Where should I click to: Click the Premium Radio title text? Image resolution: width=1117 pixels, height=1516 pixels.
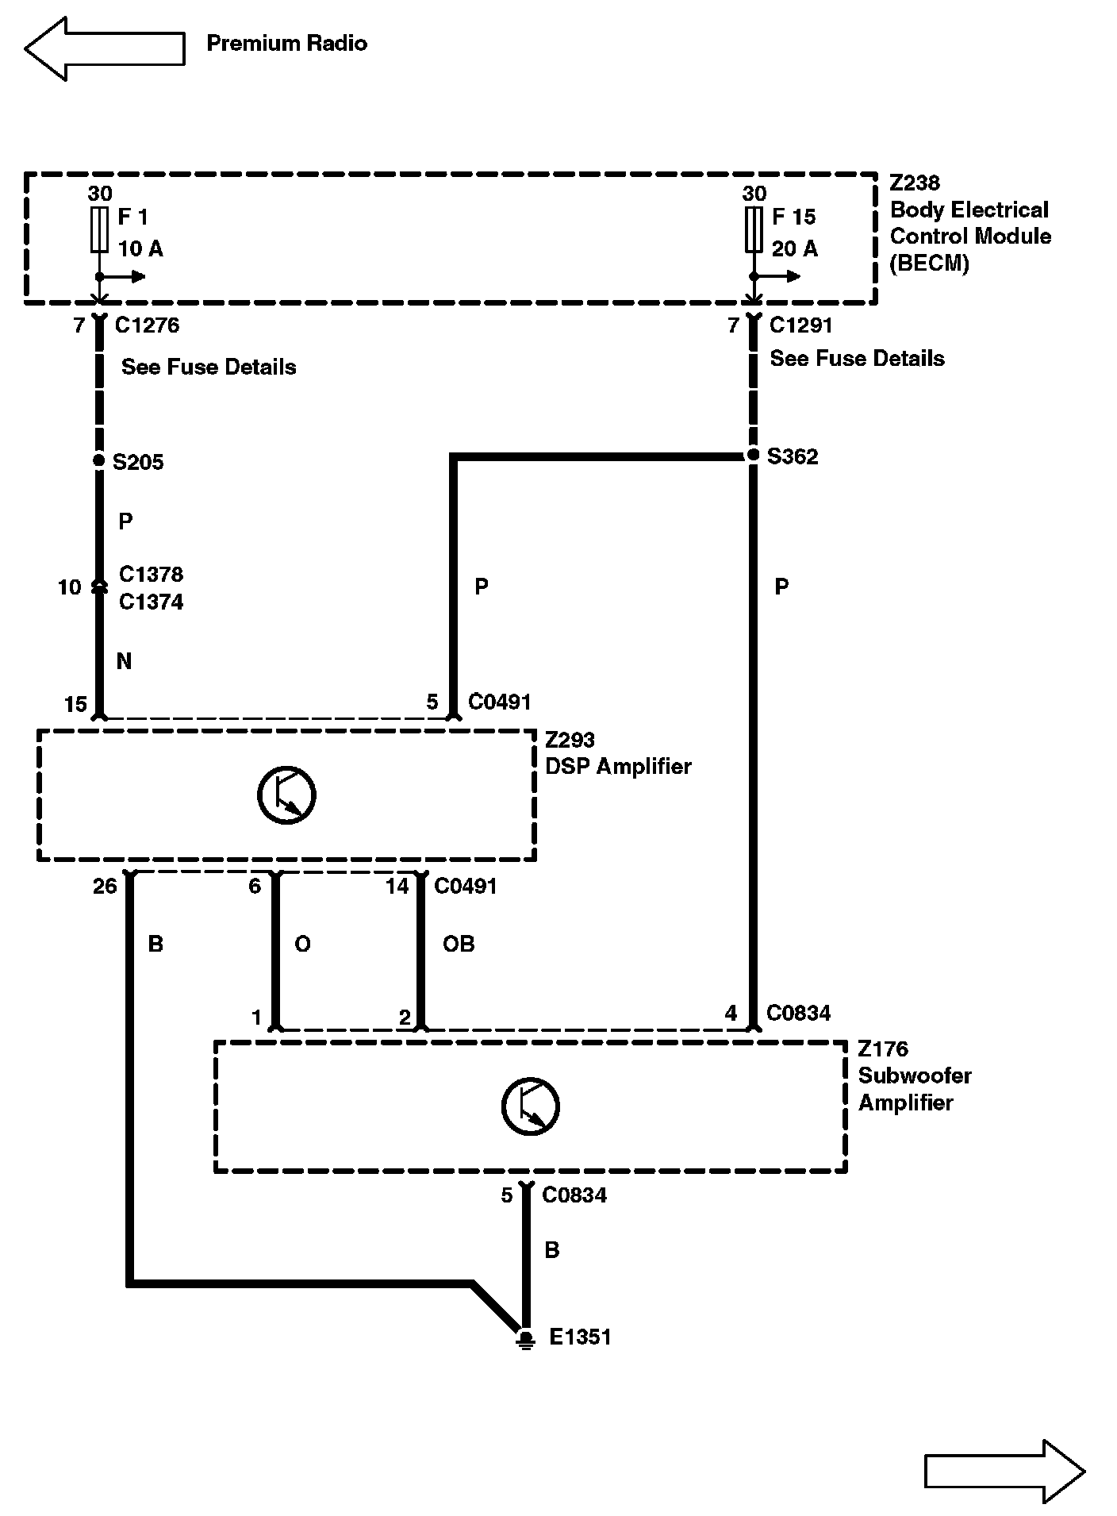[x=286, y=43]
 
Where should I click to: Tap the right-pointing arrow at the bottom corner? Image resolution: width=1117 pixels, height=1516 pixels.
[x=1004, y=1471]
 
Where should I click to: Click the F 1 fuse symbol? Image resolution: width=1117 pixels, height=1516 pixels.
[x=99, y=229]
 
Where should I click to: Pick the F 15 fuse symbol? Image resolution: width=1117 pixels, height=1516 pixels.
[x=754, y=229]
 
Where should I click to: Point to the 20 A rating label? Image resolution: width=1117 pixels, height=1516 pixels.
[x=794, y=248]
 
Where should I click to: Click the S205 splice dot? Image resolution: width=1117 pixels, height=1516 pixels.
[x=99, y=460]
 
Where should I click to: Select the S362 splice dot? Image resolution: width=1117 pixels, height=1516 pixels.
[x=753, y=456]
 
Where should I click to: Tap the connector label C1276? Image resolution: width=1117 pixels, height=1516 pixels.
[x=147, y=325]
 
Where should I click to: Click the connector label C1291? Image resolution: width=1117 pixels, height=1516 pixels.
[x=801, y=325]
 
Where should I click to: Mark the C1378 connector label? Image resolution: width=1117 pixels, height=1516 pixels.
[x=151, y=574]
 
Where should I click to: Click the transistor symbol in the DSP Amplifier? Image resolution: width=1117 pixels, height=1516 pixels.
[x=286, y=795]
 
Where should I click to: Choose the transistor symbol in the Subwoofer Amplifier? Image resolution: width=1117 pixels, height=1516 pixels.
[x=530, y=1106]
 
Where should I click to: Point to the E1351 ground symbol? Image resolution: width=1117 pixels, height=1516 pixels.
[x=525, y=1339]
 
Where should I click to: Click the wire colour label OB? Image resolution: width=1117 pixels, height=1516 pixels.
[x=459, y=944]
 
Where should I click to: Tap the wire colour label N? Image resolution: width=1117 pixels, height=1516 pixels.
[x=124, y=661]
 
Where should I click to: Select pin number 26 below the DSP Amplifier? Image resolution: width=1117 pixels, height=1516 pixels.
[x=105, y=886]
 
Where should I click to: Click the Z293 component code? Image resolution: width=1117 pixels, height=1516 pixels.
[x=570, y=740]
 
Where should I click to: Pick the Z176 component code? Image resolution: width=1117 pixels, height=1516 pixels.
[x=882, y=1049]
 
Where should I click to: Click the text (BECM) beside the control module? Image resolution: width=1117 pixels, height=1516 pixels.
[x=929, y=264]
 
